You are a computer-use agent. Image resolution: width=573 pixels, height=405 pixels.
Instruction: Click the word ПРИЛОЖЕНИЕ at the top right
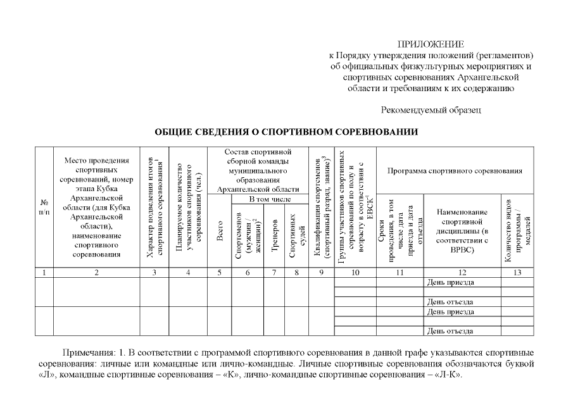click(x=431, y=44)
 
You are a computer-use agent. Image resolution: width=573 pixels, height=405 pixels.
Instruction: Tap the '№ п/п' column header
click(x=44, y=206)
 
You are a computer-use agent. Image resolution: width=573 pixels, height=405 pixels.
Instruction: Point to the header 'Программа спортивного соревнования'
click(x=455, y=171)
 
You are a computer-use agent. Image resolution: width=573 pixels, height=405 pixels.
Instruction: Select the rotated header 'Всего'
click(x=220, y=232)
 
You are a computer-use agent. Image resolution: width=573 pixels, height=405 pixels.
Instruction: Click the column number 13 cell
click(x=517, y=273)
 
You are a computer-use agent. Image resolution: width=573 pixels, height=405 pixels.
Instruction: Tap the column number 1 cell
click(x=44, y=273)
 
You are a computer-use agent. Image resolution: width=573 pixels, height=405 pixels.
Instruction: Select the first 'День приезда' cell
click(x=451, y=282)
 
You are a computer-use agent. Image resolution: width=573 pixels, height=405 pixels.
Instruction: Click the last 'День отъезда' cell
click(x=451, y=330)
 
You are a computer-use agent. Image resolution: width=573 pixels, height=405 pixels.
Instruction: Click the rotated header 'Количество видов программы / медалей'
click(x=517, y=229)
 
